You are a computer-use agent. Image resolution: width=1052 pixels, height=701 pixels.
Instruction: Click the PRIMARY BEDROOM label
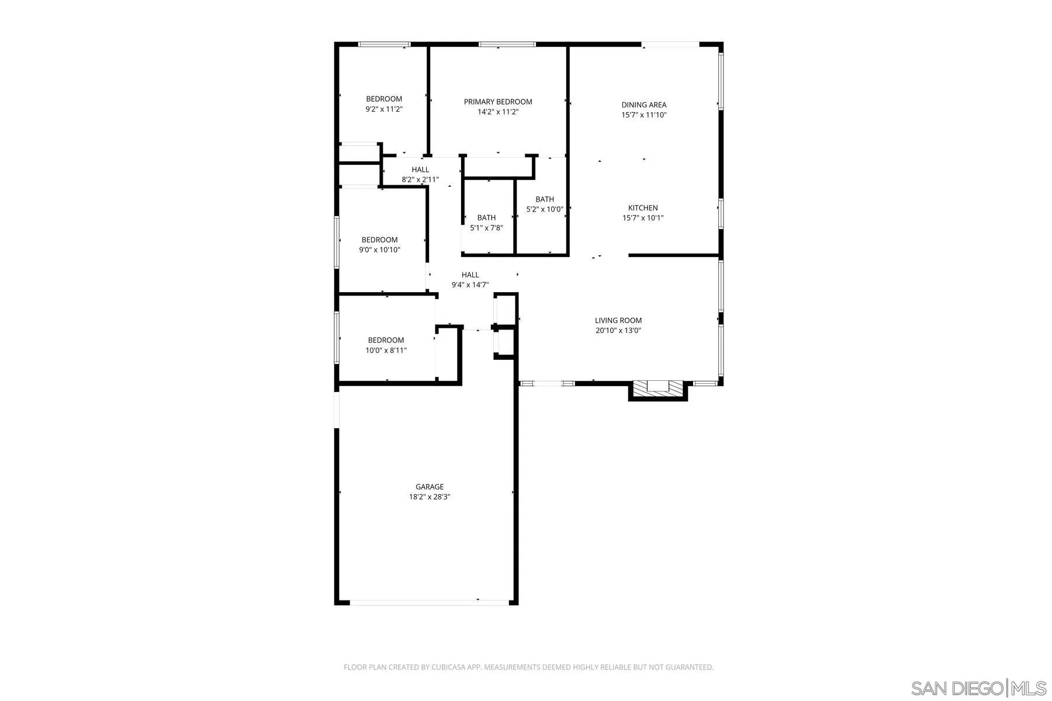tap(498, 102)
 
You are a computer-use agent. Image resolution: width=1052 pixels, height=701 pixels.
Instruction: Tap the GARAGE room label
tap(430, 487)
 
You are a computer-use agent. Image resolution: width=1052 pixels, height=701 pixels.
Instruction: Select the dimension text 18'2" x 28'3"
tap(430, 497)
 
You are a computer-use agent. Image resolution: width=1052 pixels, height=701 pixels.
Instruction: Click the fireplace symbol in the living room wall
tap(658, 388)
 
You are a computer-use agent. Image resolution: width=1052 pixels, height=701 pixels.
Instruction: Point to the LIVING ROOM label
tap(618, 320)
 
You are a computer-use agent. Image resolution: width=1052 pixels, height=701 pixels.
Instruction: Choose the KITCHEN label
tap(643, 208)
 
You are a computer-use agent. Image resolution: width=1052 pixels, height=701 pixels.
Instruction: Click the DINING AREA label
tap(644, 105)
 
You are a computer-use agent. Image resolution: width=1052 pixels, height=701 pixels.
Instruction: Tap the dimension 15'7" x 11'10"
tap(644, 115)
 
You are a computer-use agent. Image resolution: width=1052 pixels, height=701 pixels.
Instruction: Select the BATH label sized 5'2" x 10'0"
tap(545, 199)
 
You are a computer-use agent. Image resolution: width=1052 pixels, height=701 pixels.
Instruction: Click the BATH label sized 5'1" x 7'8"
tap(486, 218)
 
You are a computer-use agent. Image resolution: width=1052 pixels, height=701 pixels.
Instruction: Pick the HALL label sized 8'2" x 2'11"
tap(420, 170)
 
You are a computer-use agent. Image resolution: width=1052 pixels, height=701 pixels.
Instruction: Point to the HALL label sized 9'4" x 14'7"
tap(470, 275)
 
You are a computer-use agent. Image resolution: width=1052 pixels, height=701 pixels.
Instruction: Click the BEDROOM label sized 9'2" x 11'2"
tap(384, 99)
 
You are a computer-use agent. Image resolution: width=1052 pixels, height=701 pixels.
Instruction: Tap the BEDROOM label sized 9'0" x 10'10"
tap(379, 240)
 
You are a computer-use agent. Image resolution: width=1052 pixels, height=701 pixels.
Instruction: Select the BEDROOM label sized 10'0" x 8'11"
tap(386, 340)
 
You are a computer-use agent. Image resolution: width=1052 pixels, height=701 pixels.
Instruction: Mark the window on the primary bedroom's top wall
tap(507, 44)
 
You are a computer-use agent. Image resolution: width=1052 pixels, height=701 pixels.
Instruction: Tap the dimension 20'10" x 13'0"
tap(618, 331)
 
